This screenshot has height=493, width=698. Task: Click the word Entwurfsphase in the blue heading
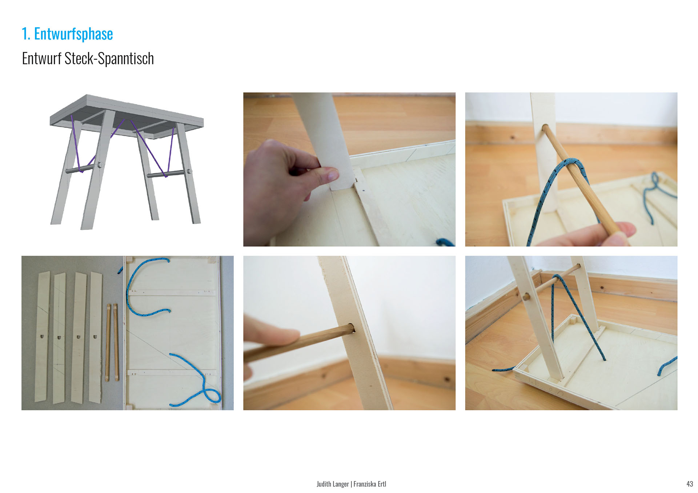[x=73, y=34]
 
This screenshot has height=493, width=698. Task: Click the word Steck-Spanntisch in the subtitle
[x=109, y=59]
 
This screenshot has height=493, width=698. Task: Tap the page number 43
[x=690, y=484]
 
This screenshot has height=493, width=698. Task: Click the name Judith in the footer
[x=324, y=484]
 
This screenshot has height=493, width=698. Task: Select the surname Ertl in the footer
[x=382, y=484]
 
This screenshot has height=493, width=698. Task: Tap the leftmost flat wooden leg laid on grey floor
[x=42, y=337]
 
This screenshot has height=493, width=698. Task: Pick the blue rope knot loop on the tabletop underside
[x=211, y=395]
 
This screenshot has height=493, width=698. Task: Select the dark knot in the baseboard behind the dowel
[x=513, y=137]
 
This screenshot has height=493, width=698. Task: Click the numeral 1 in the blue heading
[x=25, y=34]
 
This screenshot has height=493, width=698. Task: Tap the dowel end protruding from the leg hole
[x=526, y=297]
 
